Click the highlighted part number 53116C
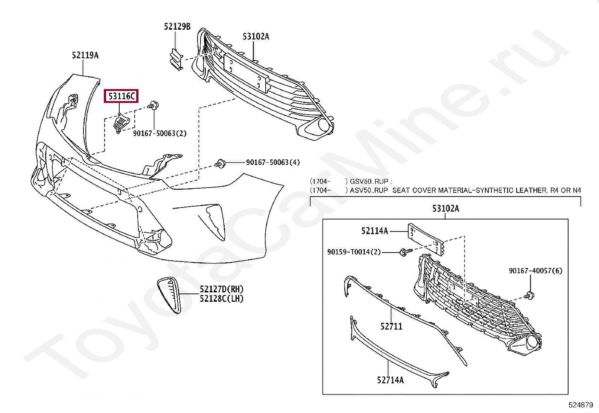[121, 97]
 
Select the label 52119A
[85, 56]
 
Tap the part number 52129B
[177, 27]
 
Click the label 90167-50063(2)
[160, 133]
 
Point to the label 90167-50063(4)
[273, 162]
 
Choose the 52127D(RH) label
[222, 289]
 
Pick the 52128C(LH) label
[222, 299]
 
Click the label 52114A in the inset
[374, 231]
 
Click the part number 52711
[391, 327]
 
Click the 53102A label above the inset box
[445, 209]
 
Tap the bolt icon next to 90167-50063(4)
[220, 163]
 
